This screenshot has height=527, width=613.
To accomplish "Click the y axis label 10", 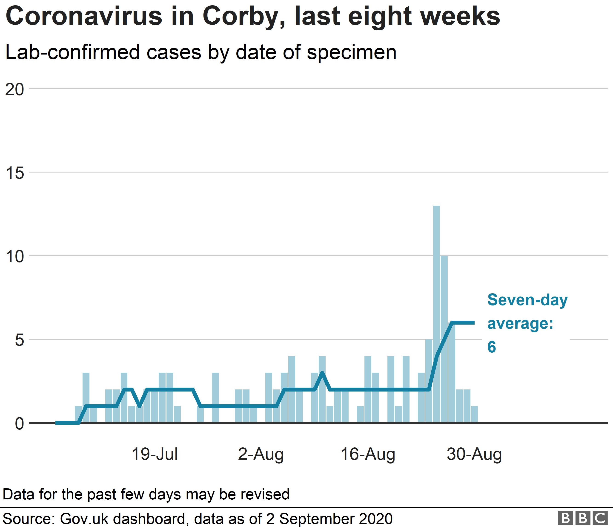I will (14, 256).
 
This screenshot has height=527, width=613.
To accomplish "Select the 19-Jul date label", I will (155, 454).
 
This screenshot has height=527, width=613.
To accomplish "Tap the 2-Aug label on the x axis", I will (261, 454).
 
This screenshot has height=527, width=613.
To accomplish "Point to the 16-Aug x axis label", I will (368, 454).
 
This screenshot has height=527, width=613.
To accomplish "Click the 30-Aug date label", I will (474, 454).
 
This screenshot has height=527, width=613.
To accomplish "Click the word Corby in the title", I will (243, 17).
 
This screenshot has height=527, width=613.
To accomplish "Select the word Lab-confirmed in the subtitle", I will (72, 52).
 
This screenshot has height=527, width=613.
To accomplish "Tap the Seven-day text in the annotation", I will (527, 300).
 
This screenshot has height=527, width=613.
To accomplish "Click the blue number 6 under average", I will (491, 347).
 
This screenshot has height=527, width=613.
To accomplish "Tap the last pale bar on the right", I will (474, 414).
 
